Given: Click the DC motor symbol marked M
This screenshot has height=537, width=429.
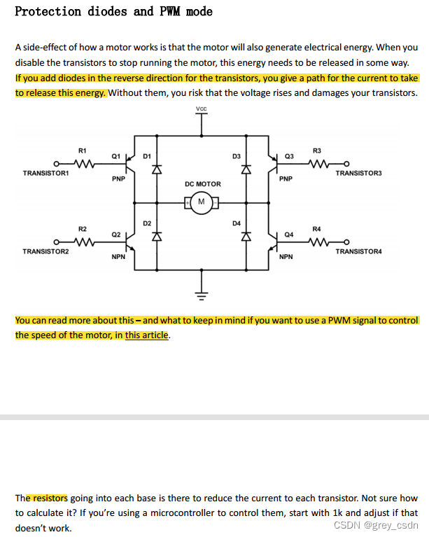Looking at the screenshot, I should coord(202,203).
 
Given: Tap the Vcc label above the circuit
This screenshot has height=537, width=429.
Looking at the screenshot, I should coord(202,109).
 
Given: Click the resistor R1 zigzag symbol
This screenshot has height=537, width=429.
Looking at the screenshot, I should coord(83,166).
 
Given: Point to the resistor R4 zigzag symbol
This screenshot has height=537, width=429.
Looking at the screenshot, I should coord(317,244).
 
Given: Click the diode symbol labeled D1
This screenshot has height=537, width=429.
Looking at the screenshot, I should coord(157,169).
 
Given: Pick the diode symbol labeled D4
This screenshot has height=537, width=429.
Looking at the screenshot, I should coord(246,237).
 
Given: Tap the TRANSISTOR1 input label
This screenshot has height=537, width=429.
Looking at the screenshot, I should coord(45,173).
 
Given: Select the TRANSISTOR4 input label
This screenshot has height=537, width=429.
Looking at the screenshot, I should coord(358,251).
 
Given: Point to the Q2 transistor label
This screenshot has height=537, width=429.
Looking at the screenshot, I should coord(116,234).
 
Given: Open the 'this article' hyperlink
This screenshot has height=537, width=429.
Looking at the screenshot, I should coord(147,335).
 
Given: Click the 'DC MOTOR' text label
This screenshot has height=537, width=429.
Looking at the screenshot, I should coord(202,184).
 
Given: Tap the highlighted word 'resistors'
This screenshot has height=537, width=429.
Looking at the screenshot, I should coord(48,498).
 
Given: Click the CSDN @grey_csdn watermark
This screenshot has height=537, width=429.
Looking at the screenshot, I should coord(376,525).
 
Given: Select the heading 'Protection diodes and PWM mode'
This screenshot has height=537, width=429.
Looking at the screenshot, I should coord(114,11).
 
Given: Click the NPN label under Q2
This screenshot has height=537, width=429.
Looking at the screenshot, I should coord(118,258).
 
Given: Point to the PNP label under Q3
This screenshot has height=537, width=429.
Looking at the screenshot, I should coord(286,179).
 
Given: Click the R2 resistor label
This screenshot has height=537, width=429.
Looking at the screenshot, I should coord(83,229).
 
